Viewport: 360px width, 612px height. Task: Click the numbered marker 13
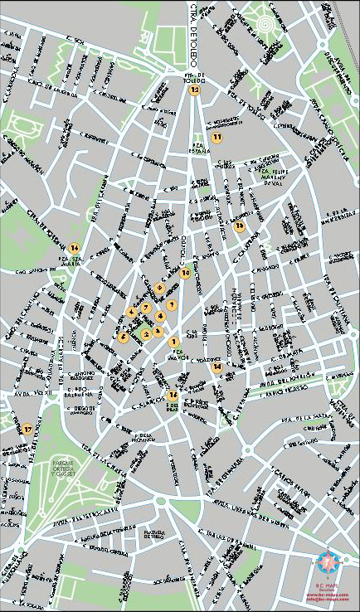[195, 90]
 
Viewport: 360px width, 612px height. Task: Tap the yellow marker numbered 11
[216, 137]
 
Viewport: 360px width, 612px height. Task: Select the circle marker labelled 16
[240, 226]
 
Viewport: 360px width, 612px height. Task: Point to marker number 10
[186, 272]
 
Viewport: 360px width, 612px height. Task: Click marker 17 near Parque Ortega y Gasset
[27, 429]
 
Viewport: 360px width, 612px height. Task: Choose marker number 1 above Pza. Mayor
[174, 342]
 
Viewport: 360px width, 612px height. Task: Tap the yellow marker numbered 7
[171, 304]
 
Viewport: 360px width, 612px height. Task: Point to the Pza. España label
[199, 150]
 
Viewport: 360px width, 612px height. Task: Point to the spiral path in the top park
[264, 26]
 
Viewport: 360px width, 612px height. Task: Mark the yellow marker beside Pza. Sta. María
[75, 247]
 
